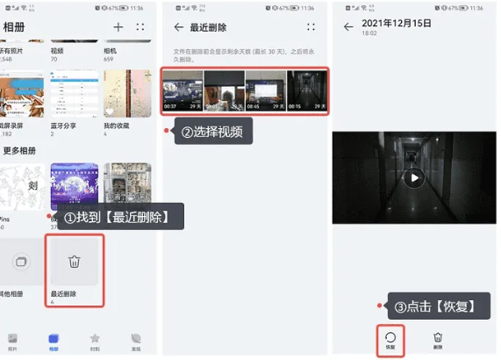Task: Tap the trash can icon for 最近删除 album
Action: coord(75,262)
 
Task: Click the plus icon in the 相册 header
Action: coord(118,27)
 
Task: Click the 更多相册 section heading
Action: coord(18,151)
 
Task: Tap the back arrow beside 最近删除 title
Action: coord(179,27)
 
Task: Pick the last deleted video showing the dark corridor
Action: coord(308,92)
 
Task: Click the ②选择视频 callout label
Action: coord(211,133)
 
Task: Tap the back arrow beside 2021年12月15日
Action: coord(347,27)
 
